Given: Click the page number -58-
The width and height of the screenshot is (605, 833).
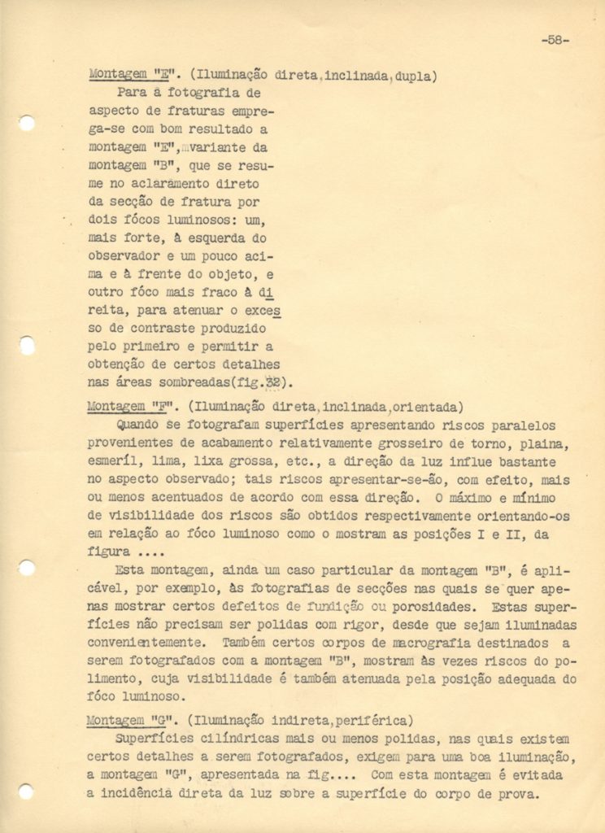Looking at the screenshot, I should pos(553,42).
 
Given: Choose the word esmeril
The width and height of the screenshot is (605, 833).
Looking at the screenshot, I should pos(111,462).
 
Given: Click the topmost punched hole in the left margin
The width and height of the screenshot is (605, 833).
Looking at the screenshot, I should pos(27,123).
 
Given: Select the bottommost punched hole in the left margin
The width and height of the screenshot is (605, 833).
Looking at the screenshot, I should pos(27,789).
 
